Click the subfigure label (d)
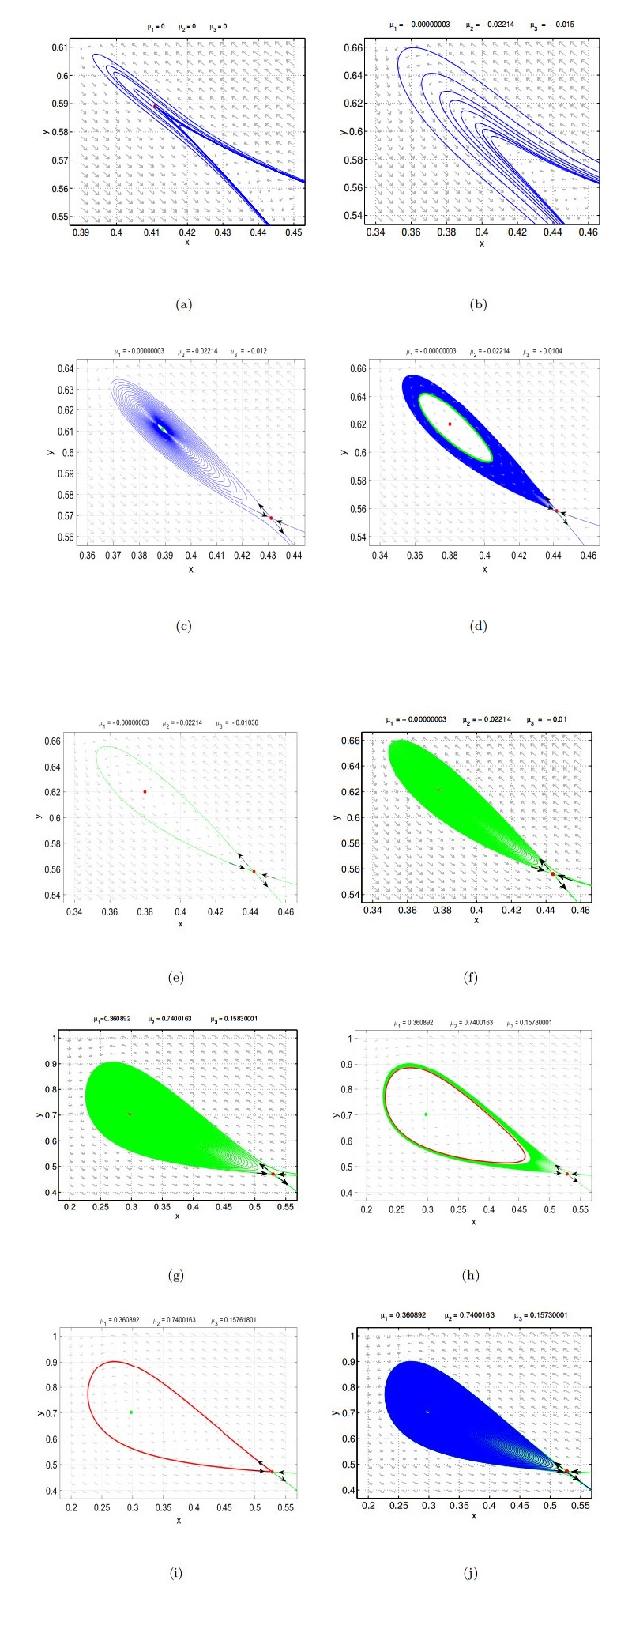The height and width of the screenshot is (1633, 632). coord(478,627)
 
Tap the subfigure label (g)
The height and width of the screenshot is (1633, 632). coord(176,1275)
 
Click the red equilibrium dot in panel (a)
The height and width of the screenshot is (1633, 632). coord(155,106)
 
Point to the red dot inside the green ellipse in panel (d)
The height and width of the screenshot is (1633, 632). coord(450,424)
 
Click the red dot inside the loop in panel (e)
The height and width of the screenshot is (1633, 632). coord(145,791)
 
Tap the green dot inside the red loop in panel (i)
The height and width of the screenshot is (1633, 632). coord(131,1412)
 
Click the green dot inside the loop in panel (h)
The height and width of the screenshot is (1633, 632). coord(426,1114)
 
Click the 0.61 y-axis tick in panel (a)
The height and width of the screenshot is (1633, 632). coord(62,47)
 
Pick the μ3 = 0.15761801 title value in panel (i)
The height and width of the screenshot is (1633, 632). coord(239,1320)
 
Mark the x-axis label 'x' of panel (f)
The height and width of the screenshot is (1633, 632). coord(476,920)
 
